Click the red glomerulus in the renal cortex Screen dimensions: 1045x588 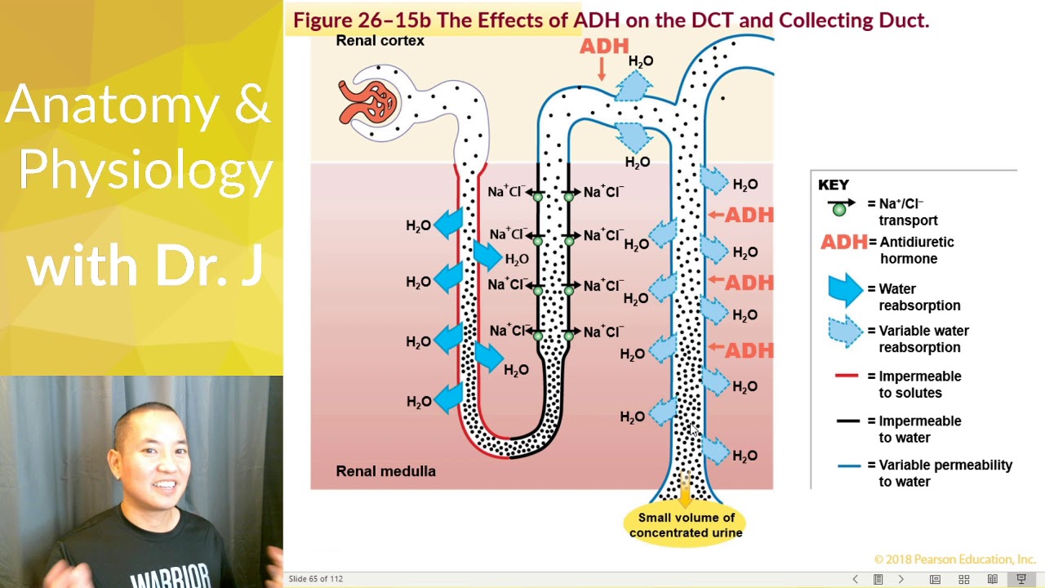tap(368, 102)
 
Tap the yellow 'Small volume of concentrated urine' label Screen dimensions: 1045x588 tap(685, 525)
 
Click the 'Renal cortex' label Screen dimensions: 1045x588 tap(380, 41)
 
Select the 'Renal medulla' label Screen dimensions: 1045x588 tap(385, 471)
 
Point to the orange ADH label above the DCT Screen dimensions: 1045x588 tap(604, 47)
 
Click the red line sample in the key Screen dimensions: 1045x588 tap(847, 376)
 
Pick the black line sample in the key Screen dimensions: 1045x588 tap(847, 421)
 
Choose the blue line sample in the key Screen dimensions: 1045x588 tap(849, 465)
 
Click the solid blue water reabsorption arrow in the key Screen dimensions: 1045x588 tap(846, 290)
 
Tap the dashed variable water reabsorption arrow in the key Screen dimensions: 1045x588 tap(846, 332)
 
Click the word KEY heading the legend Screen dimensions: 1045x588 tap(834, 185)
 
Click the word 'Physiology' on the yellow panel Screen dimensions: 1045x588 tap(145, 170)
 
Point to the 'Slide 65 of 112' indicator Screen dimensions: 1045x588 tap(315, 579)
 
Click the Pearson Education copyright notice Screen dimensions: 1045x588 tap(954, 559)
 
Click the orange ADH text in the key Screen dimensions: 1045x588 tap(843, 243)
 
